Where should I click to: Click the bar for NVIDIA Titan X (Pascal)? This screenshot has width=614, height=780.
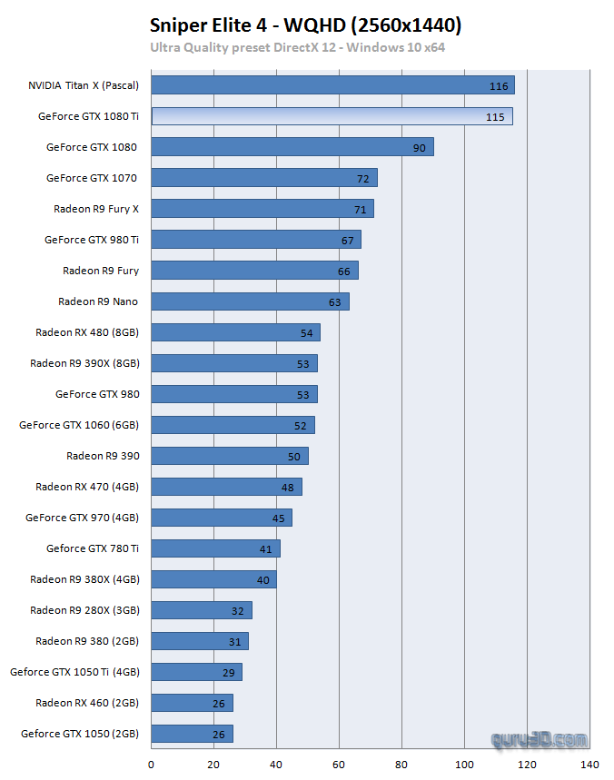point(332,85)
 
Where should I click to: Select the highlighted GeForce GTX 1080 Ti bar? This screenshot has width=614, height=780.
point(332,116)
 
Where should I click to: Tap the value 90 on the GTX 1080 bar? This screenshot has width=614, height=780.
point(419,148)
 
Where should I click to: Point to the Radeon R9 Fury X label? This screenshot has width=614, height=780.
point(96,209)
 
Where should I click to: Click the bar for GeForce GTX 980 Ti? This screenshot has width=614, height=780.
point(255,240)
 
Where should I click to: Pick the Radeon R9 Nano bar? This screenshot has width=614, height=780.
point(250,301)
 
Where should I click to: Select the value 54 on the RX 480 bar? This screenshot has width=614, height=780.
point(307,333)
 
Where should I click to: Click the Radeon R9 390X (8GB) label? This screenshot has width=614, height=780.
point(84,363)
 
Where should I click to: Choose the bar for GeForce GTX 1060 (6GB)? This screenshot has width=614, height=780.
point(233,425)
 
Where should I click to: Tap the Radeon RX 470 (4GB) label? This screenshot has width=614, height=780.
point(87,487)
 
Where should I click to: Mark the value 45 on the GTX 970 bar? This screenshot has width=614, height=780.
point(279,518)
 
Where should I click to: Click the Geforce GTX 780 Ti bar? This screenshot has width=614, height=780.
point(215,548)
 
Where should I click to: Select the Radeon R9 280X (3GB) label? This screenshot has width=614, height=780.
point(84,610)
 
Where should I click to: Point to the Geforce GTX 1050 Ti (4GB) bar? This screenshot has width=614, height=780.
point(196,672)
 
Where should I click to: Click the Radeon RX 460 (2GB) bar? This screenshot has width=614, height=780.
point(192,703)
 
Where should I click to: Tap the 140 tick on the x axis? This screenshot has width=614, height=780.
point(589,765)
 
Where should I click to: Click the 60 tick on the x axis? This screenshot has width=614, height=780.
point(339,765)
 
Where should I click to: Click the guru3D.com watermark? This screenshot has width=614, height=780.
point(540,740)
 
